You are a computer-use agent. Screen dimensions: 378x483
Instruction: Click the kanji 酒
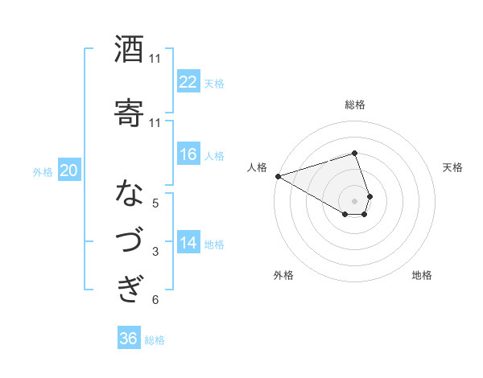[129, 51]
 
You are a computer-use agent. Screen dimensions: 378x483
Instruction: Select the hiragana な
[129, 194]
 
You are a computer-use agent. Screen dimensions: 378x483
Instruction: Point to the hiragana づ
[129, 240]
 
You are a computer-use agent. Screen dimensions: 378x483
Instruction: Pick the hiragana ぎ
[129, 287]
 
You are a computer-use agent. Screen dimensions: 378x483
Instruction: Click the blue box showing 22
[188, 81]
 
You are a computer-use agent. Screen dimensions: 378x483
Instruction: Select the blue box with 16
[188, 154]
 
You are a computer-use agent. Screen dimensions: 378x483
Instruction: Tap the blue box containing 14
[188, 243]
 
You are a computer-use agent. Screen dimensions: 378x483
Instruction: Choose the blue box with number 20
[69, 170]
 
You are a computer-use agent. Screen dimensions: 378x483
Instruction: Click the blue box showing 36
[129, 339]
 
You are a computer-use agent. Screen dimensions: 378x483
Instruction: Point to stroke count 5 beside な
[155, 203]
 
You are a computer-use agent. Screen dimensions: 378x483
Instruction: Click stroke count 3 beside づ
[155, 252]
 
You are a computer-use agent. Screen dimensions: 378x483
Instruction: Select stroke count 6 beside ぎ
[155, 300]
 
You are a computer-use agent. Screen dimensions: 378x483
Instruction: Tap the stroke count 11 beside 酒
[155, 59]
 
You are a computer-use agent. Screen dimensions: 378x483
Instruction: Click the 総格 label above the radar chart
[355, 105]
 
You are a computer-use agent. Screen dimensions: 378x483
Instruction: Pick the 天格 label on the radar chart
[453, 167]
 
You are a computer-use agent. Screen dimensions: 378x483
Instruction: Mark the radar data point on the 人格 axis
[278, 175]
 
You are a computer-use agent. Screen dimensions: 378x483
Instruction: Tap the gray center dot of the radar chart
[355, 200]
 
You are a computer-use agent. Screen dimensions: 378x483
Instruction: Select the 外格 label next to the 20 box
[42, 171]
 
